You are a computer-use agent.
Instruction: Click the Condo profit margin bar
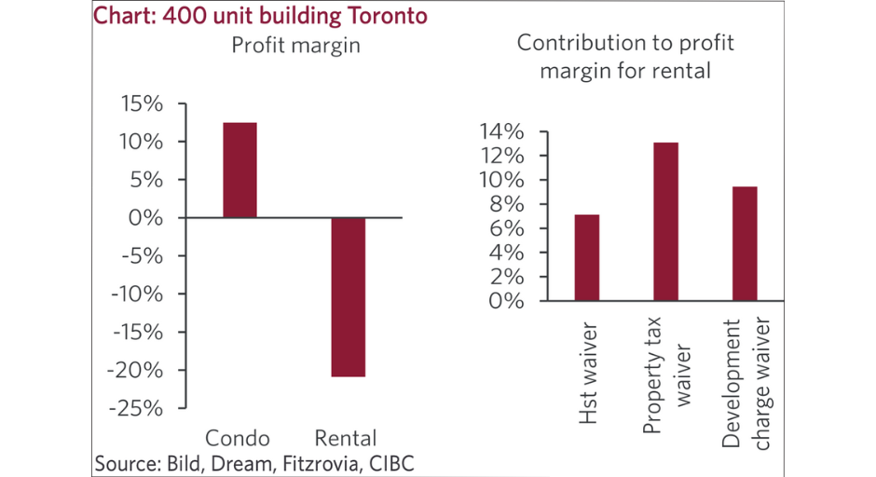point(240,170)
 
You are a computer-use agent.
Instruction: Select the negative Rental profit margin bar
point(349,296)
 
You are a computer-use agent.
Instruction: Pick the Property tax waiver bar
point(665,222)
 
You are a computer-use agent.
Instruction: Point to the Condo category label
point(237,438)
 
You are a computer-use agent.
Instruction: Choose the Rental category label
point(346,438)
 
